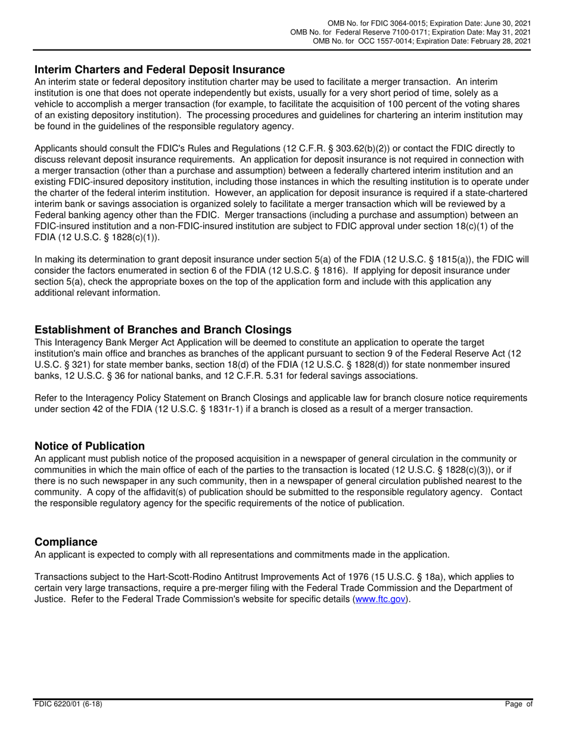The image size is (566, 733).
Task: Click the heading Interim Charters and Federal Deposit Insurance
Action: tap(159, 70)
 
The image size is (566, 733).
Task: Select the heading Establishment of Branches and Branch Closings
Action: tap(163, 330)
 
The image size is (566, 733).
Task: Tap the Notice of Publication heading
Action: tap(89, 446)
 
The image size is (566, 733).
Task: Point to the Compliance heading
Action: tap(66, 542)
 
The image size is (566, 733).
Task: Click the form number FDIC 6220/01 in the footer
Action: tap(68, 704)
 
